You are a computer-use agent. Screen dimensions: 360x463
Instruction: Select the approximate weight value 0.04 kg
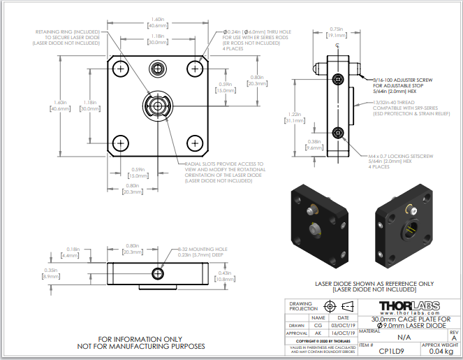coord(439,352)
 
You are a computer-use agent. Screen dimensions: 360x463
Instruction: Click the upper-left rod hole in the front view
coord(122,69)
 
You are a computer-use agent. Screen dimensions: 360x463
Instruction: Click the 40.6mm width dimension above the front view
coord(157,25)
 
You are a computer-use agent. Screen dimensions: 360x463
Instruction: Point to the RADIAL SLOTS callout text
coord(223,172)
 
